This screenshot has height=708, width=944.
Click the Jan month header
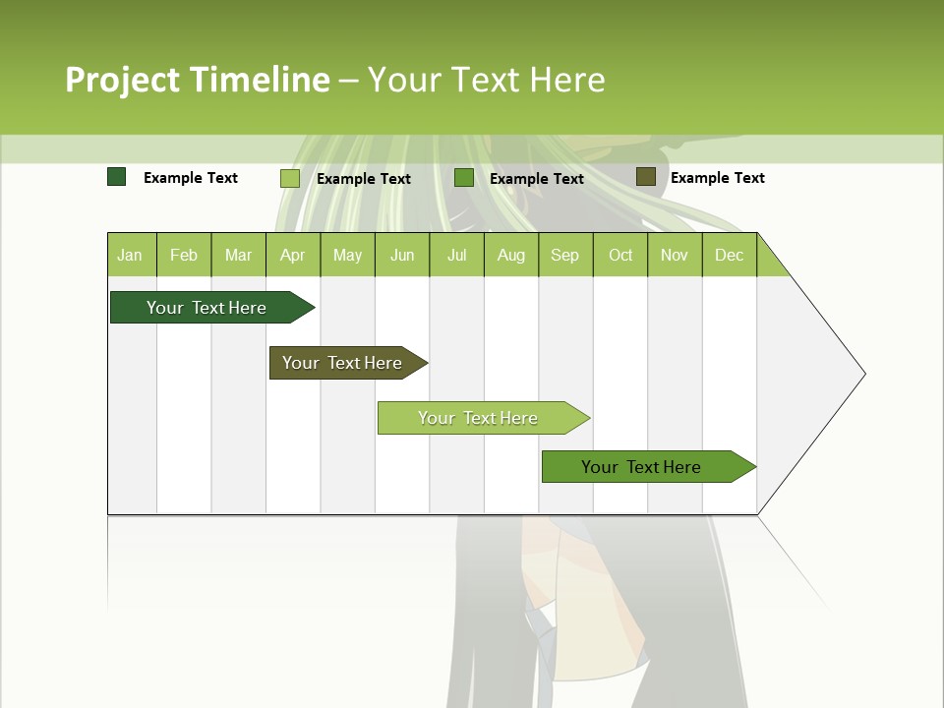130,255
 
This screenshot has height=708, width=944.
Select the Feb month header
184,255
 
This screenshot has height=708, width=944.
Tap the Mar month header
238,255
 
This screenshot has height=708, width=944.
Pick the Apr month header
292,255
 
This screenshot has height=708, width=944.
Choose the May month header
347,255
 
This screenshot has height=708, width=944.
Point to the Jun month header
402,255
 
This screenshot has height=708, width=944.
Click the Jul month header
456,255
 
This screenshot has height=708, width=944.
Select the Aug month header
510,255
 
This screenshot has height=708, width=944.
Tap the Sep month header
564,255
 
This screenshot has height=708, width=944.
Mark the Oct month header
620,255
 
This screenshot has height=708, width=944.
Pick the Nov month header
675,255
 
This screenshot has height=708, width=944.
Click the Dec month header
729,255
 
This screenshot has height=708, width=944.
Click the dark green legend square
117,177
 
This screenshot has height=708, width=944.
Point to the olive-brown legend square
645,177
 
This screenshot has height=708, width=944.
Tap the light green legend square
290,178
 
